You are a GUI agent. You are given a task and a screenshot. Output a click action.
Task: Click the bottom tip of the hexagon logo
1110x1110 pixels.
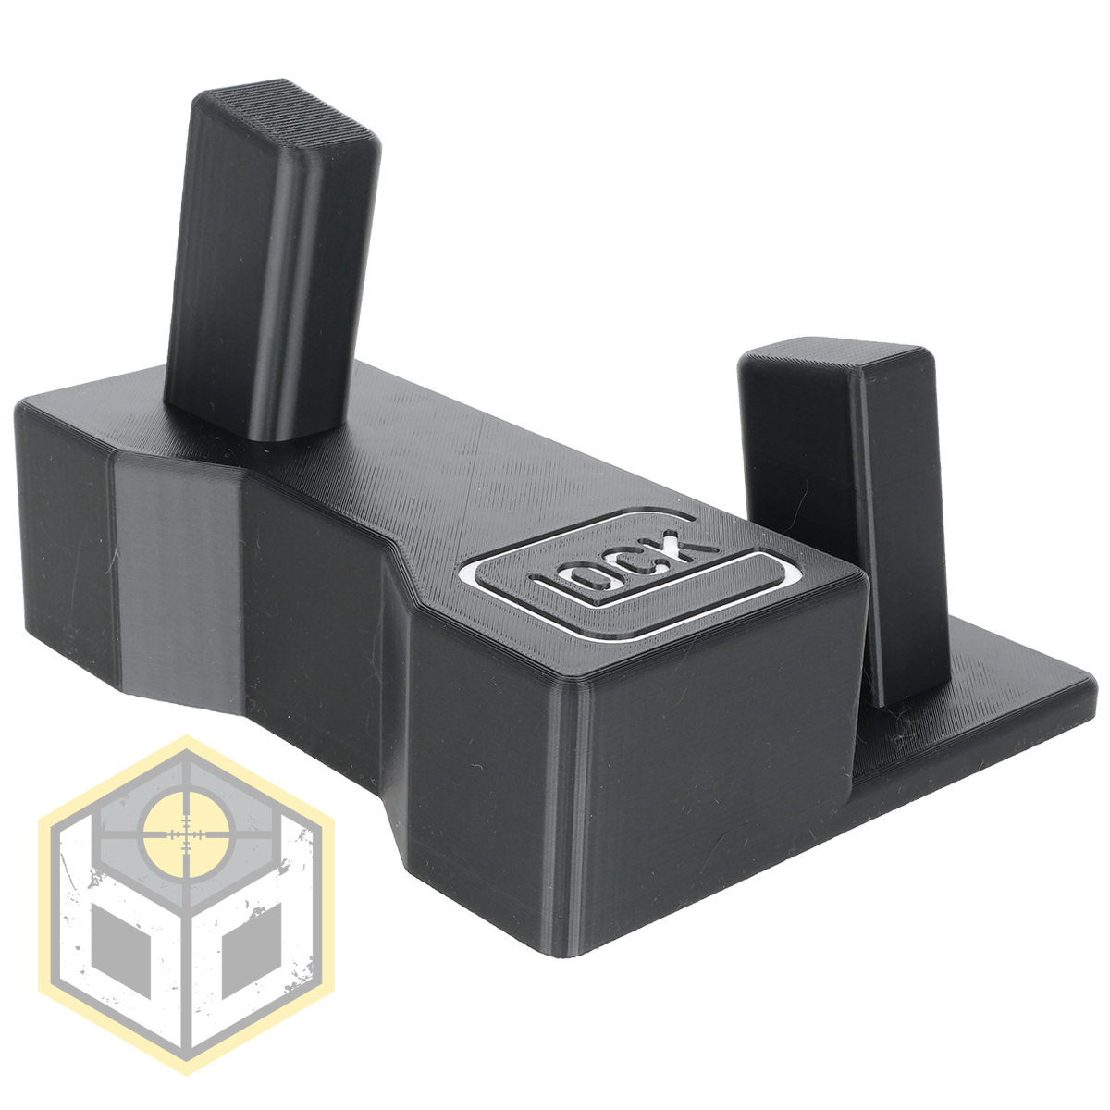(x=187, y=1073)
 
